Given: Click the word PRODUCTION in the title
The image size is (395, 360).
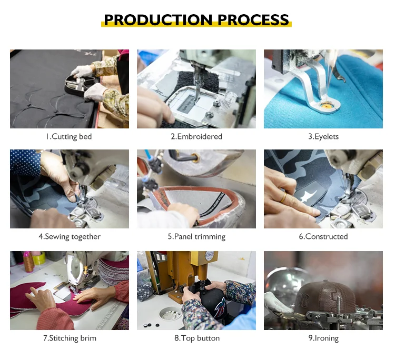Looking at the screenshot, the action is (x=158, y=19).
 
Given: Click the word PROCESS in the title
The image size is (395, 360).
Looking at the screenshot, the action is (x=253, y=19).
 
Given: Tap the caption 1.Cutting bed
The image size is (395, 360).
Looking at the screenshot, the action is (x=69, y=137).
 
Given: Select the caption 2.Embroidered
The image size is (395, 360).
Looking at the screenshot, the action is (x=196, y=137).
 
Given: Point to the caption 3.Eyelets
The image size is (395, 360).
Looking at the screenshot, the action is (x=323, y=137).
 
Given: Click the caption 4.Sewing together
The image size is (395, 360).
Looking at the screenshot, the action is (x=70, y=237).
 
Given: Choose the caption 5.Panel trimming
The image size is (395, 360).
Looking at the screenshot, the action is (x=196, y=237).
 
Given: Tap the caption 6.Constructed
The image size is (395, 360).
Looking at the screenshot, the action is (x=323, y=237).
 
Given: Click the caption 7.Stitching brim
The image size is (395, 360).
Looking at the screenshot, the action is (x=70, y=338).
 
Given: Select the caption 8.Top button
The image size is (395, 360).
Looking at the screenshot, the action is (x=197, y=338).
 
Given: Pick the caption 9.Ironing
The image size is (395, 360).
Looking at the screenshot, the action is (x=324, y=338).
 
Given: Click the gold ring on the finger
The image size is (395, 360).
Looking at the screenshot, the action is (x=283, y=198).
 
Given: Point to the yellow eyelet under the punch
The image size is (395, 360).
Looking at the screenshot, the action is (x=327, y=106).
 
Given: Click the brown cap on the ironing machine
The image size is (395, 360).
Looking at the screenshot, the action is (x=320, y=297).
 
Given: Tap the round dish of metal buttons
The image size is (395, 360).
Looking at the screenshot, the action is (x=171, y=314).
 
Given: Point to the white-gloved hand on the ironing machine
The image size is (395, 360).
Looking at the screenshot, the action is (x=277, y=302).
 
